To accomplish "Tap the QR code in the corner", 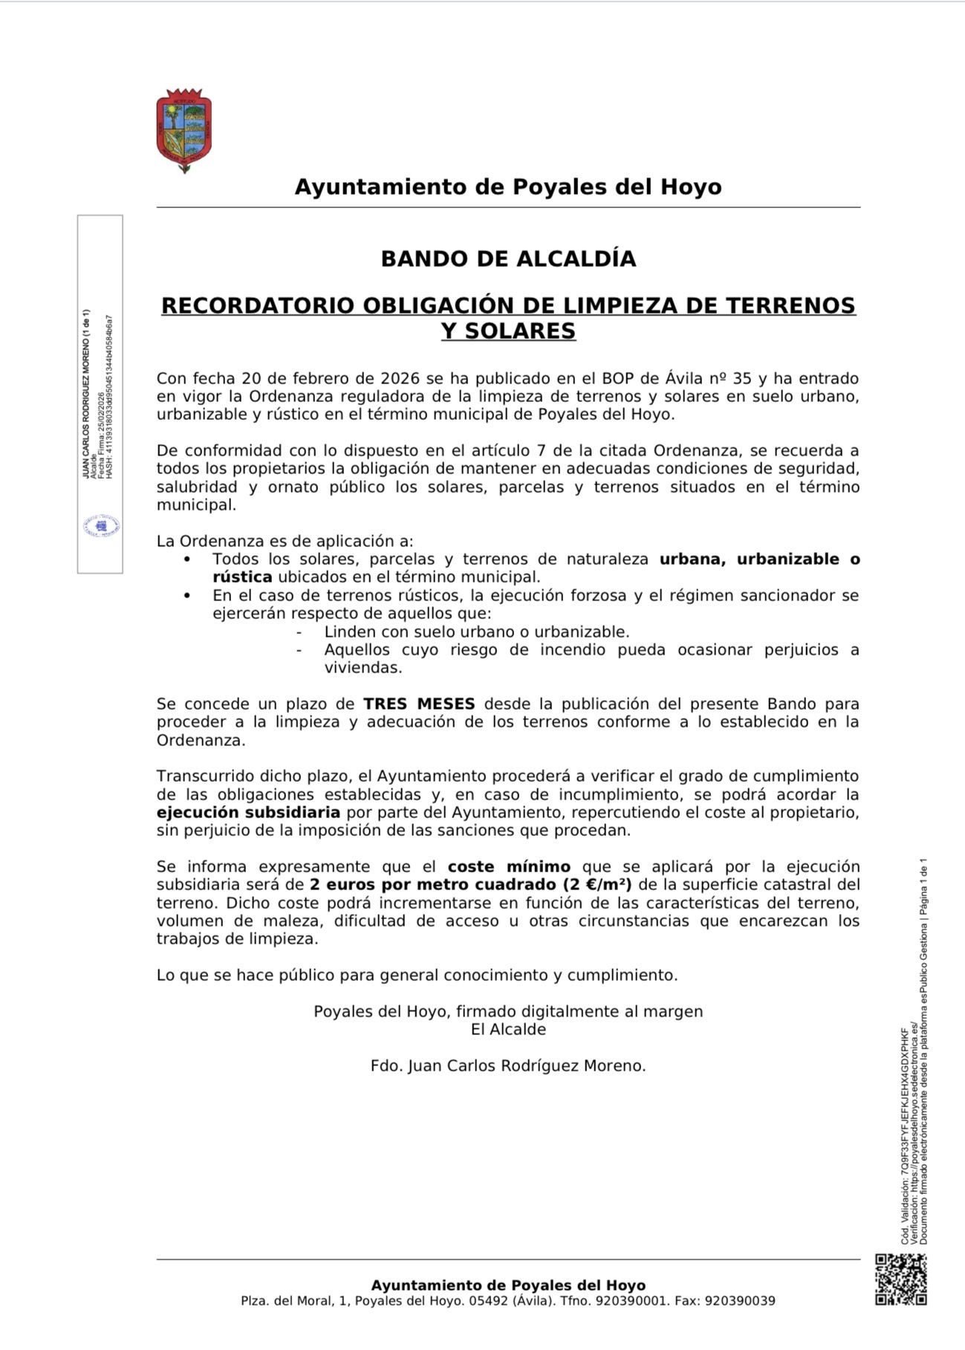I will [900, 1279].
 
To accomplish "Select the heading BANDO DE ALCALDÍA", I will [508, 259].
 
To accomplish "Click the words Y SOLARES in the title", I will [508, 331].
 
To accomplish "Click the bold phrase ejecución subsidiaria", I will [248, 812].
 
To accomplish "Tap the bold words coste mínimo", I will [509, 866].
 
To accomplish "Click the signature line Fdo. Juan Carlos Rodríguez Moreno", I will [508, 1065].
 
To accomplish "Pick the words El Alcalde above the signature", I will [508, 1029].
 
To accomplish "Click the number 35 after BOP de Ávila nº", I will [742, 378].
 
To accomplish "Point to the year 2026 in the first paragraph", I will [400, 378].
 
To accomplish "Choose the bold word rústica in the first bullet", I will [242, 577].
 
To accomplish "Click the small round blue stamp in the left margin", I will [101, 526].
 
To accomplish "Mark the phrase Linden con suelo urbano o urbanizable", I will [477, 632].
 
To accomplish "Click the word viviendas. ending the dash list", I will [363, 667].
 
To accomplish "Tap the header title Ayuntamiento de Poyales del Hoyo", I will [508, 186].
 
